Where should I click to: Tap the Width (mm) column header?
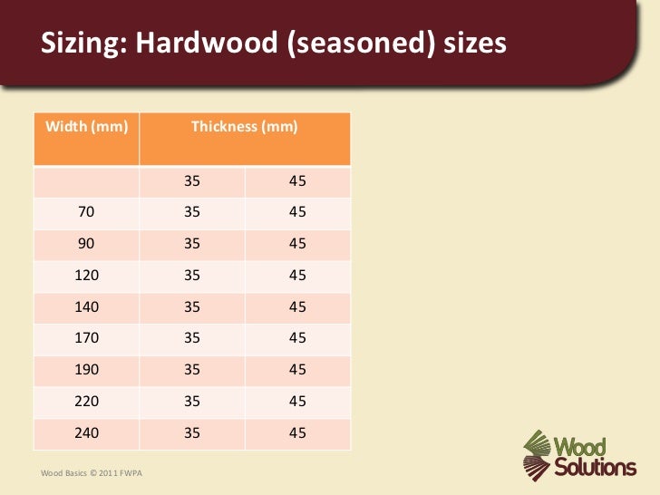pyautogui.click(x=87, y=127)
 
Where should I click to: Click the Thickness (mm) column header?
pyautogui.click(x=244, y=127)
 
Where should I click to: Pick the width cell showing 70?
pyautogui.click(x=87, y=212)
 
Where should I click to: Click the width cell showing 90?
pyautogui.click(x=87, y=244)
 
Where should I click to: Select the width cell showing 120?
pyautogui.click(x=87, y=276)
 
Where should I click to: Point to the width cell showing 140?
pyautogui.click(x=87, y=306)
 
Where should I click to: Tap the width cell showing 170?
pyautogui.click(x=87, y=338)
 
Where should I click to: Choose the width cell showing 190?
pyautogui.click(x=87, y=370)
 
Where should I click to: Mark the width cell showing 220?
pyautogui.click(x=87, y=401)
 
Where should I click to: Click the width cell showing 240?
pyautogui.click(x=87, y=432)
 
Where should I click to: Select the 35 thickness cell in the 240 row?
pyautogui.click(x=192, y=432)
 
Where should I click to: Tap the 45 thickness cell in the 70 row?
pyautogui.click(x=297, y=212)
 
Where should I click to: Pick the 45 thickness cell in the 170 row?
pyautogui.click(x=297, y=338)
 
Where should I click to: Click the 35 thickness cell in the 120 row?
pyautogui.click(x=192, y=276)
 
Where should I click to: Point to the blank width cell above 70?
pyautogui.click(x=87, y=181)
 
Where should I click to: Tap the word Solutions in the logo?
pyautogui.click(x=597, y=468)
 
